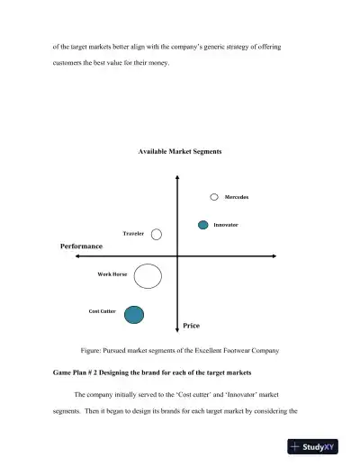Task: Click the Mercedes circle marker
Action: click(x=214, y=196)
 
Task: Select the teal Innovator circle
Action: click(x=203, y=224)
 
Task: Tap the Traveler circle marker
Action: click(x=157, y=234)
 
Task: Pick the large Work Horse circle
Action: click(x=148, y=276)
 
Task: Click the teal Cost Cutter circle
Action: click(x=134, y=313)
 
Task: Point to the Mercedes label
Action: click(x=237, y=196)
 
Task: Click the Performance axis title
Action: click(x=81, y=246)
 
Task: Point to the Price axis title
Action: click(x=191, y=325)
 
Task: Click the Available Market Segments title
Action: click(x=180, y=151)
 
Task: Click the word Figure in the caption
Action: click(x=93, y=349)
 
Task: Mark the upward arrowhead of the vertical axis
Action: click(x=177, y=175)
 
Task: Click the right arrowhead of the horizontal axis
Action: click(x=271, y=256)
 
